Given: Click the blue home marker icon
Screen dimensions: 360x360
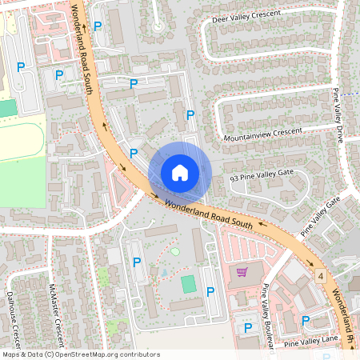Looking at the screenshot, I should click(179, 172).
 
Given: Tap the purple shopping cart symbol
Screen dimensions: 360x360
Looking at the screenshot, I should click(241, 272).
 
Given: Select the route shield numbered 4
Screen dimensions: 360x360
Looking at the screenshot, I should click(319, 276).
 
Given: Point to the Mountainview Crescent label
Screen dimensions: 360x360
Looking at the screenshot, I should click(263, 134).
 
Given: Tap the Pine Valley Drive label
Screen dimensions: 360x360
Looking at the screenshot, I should click(339, 116).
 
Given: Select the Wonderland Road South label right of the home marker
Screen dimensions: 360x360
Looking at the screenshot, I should click(209, 214).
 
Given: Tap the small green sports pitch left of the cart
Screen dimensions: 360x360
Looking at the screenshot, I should click(188, 283).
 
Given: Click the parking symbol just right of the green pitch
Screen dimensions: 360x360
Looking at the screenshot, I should click(210, 293).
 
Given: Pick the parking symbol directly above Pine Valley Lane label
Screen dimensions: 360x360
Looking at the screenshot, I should click(306, 320).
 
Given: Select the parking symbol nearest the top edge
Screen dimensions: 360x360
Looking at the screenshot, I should click(98, 26).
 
